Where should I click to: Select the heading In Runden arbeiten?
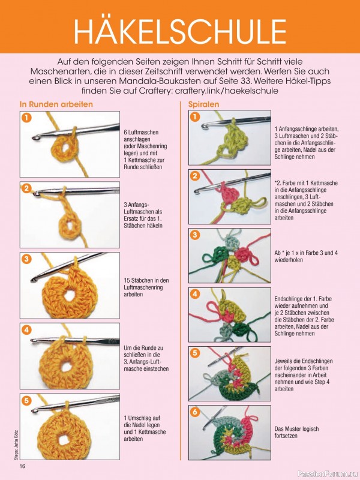56,104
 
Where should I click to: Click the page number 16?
22,466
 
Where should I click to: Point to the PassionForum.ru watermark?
326,474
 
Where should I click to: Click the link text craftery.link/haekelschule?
227,91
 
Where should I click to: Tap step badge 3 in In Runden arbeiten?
26,259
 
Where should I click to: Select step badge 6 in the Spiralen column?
194,412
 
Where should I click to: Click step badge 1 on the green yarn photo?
194,117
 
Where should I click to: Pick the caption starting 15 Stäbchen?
146,287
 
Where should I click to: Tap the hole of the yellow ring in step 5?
64,439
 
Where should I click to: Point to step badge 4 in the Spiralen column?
194,294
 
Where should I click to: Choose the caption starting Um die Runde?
146,358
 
